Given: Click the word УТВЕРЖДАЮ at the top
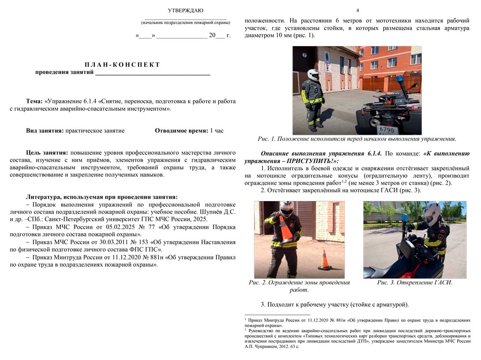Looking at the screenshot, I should pos(185,10).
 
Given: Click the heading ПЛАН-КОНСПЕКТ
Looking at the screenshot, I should pos(122,64).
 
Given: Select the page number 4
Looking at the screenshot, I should pos(357,10).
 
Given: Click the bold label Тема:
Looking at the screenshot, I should pos(35,101).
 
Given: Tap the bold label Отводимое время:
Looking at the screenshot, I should pos(181,130).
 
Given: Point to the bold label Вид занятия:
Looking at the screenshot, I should pos(45,130).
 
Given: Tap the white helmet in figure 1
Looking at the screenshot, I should pos(314,75).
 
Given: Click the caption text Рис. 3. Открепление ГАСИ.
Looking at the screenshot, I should pos(414,283).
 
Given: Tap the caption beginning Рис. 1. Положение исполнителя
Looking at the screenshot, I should pos(356,139).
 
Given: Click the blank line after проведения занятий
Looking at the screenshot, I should pos(152,74).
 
